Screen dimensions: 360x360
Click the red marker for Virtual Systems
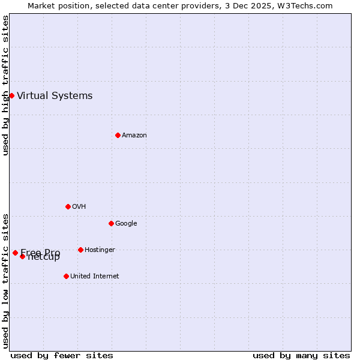[11, 95]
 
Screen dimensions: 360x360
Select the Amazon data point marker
[118, 135]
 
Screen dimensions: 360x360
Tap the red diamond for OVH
[68, 206]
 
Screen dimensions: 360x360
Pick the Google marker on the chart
[111, 223]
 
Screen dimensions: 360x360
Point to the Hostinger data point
[80, 250]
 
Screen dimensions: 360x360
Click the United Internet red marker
[66, 276]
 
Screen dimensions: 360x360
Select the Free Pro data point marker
[15, 253]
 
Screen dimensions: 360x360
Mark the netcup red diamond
[22, 256]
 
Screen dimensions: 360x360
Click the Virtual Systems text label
[55, 95]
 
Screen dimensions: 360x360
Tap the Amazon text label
[134, 135]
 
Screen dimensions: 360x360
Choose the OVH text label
[79, 206]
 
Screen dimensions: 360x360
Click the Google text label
[126, 223]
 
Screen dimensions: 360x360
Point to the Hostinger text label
[100, 250]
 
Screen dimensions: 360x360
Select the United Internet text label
[94, 276]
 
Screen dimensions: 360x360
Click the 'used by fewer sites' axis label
[62, 355]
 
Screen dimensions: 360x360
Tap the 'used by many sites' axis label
[301, 355]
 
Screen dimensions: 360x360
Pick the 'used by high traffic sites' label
[5, 85]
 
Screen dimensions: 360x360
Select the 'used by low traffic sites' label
[5, 280]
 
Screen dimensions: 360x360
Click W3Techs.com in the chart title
[307, 5]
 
